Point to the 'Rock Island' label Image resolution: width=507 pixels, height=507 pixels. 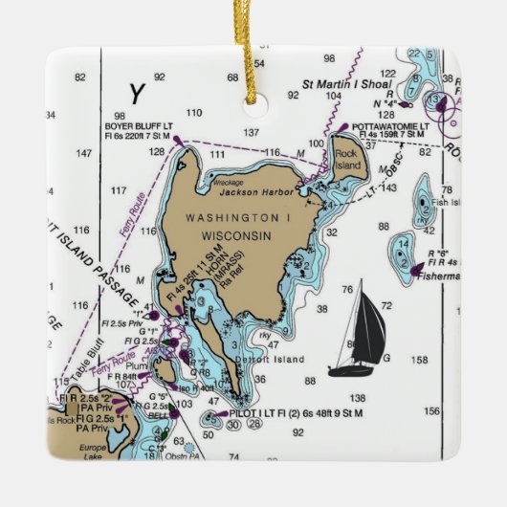coord(347,155)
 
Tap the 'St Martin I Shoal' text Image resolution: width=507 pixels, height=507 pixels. coord(348,82)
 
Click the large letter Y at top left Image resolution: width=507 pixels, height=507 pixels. coord(138,93)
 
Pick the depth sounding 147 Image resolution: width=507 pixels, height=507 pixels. coord(83,153)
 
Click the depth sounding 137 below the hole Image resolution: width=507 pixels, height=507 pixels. coord(252,132)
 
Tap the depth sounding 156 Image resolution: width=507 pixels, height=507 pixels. coord(432,410)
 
